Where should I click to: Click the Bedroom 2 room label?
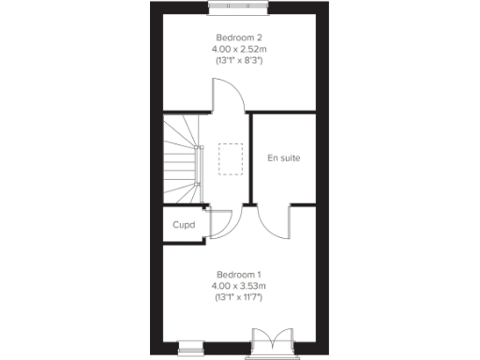point(239,37)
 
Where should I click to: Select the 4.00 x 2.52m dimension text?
point(239,49)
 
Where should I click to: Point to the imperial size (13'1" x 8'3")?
point(239,61)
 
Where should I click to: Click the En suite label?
point(283,157)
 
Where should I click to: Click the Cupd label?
point(183,225)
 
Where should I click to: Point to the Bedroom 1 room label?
point(239,273)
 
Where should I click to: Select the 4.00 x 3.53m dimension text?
point(239,285)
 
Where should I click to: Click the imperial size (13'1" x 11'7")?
point(239,297)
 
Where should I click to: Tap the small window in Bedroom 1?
point(191,345)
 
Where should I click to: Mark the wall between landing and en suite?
point(251,159)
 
